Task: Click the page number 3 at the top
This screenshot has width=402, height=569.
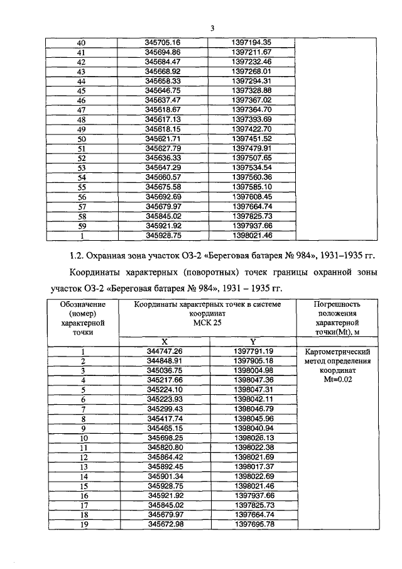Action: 212,28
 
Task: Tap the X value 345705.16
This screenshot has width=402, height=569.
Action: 163,43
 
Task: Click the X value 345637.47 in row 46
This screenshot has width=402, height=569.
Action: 163,100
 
